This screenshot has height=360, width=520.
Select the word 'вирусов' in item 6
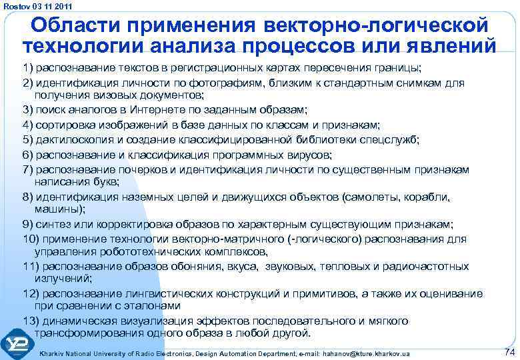pyautogui.click(x=308, y=153)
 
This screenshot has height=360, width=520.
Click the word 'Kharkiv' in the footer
pyautogui.click(x=55, y=353)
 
